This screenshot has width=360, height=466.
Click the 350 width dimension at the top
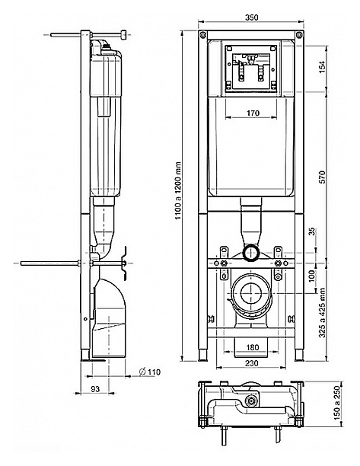(252, 18)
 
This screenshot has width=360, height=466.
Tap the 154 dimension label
(322, 67)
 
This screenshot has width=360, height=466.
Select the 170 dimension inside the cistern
(253, 113)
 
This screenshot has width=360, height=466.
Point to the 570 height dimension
(322, 177)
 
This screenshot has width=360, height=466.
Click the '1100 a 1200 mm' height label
(178, 190)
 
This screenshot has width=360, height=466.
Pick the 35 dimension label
(311, 231)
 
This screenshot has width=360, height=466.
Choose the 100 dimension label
(311, 276)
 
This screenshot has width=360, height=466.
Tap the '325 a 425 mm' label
(322, 313)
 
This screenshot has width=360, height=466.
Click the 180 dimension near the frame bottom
(253, 347)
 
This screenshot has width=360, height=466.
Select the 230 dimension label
(252, 363)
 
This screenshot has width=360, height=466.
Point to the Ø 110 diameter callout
(150, 372)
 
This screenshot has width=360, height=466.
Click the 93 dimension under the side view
(95, 389)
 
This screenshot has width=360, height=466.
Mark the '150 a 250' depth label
(336, 403)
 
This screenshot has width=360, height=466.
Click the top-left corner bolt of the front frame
(202, 34)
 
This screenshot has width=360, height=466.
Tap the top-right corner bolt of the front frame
(299, 35)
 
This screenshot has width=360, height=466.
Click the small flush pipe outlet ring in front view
(251, 254)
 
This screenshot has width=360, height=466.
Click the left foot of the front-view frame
(202, 355)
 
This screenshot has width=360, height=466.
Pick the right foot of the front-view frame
(299, 355)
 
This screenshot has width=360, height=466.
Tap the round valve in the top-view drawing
(252, 401)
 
